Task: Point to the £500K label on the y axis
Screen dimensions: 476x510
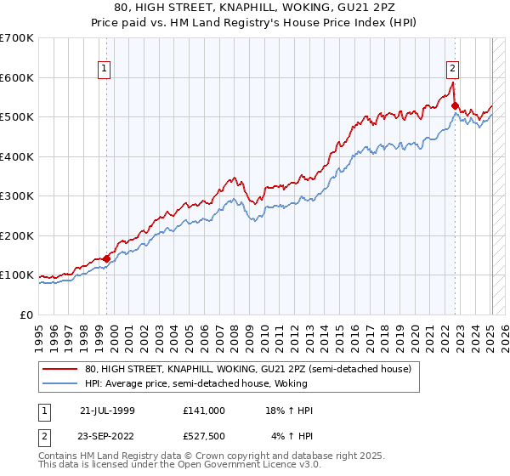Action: point(17,117)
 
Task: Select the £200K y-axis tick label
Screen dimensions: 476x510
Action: point(17,235)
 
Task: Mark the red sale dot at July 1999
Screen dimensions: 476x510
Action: point(107,258)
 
